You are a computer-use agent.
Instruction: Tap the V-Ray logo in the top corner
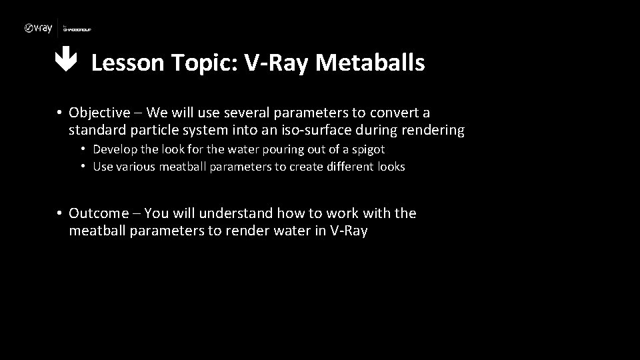tap(38, 28)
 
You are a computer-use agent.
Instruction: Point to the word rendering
tap(432, 130)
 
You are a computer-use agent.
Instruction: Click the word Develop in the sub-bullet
tap(114, 149)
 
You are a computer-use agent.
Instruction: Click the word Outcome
tap(98, 213)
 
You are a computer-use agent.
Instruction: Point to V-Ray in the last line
tap(349, 231)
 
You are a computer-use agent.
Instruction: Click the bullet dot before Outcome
tap(59, 214)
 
